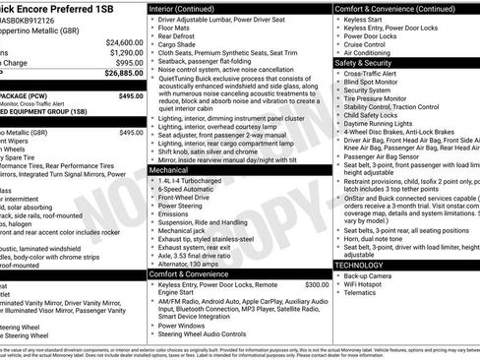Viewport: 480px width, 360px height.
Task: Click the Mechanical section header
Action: pyautogui.click(x=169, y=170)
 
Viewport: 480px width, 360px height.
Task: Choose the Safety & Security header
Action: pyautogui.click(x=364, y=62)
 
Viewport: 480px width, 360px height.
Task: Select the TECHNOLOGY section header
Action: pyautogui.click(x=360, y=265)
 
